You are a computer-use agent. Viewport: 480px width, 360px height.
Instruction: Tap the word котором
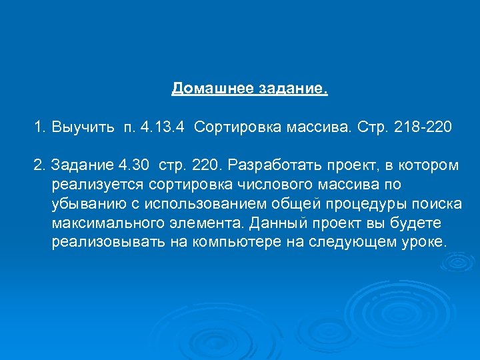coord(426,165)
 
